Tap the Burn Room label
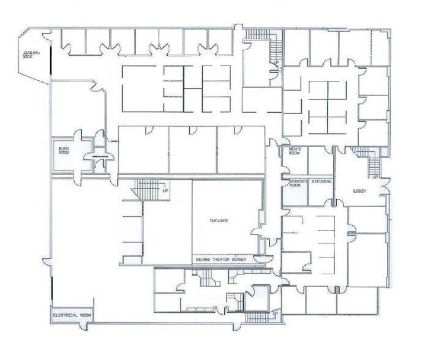(x=64, y=150)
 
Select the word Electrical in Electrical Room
(x=64, y=315)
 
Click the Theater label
(x=219, y=221)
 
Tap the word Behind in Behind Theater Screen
(x=203, y=260)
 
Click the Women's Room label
(x=294, y=182)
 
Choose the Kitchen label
(x=320, y=182)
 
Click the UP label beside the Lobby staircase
(x=375, y=178)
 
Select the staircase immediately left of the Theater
(x=147, y=190)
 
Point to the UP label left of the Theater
(x=165, y=191)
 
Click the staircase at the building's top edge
(x=259, y=36)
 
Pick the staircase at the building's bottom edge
(x=257, y=317)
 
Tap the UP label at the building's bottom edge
(x=275, y=314)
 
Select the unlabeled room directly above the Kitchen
(x=320, y=160)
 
